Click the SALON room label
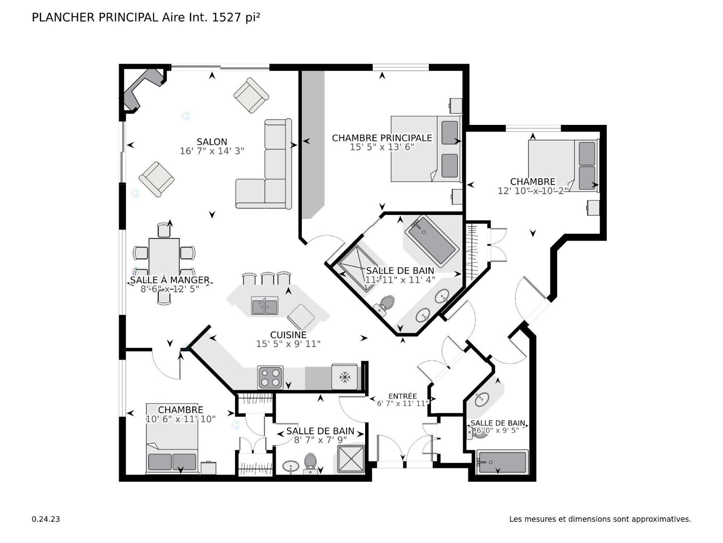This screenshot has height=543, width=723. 212,142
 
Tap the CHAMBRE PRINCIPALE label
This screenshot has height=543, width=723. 382,138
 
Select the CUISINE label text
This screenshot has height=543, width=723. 288,335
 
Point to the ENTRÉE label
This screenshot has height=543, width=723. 403,396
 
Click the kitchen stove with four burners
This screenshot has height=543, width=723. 270,377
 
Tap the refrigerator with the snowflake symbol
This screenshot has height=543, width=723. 344,376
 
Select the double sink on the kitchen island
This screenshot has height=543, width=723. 264,305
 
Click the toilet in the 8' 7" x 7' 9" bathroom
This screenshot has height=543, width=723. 310,462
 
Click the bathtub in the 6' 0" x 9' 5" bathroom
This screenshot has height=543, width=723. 502,462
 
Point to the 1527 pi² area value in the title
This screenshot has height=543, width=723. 236,18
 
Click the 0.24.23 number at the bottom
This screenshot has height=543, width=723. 46,519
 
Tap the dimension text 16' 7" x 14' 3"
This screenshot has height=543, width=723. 212,151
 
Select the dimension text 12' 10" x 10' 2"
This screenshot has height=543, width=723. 533,191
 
